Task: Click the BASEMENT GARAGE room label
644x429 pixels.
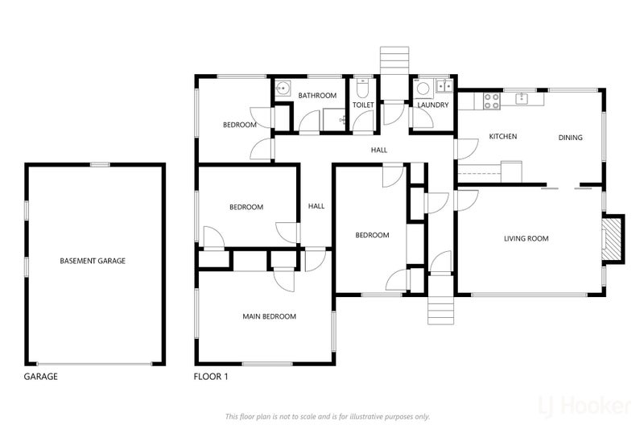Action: [x=93, y=261]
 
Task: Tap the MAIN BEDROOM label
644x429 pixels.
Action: [x=269, y=316]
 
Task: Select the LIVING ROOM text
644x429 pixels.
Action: [x=526, y=238]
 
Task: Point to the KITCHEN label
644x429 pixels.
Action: [x=502, y=136]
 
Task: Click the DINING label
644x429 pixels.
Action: [x=570, y=138]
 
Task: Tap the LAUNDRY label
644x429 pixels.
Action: [x=433, y=105]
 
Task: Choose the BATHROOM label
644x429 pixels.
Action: [x=317, y=96]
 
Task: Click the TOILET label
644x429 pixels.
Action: [x=363, y=105]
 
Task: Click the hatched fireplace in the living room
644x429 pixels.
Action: [x=612, y=238]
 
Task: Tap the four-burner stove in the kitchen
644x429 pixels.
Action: [x=492, y=101]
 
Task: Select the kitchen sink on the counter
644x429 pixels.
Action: [x=522, y=98]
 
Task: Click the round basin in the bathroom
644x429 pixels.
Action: [x=283, y=88]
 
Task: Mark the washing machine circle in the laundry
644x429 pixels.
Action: [x=423, y=89]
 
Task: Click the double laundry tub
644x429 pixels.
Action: [x=444, y=86]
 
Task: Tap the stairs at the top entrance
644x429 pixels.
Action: [x=394, y=60]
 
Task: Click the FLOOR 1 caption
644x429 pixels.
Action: [x=211, y=377]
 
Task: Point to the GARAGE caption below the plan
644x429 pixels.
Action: [x=41, y=377]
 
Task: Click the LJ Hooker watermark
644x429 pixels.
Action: [x=585, y=406]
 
